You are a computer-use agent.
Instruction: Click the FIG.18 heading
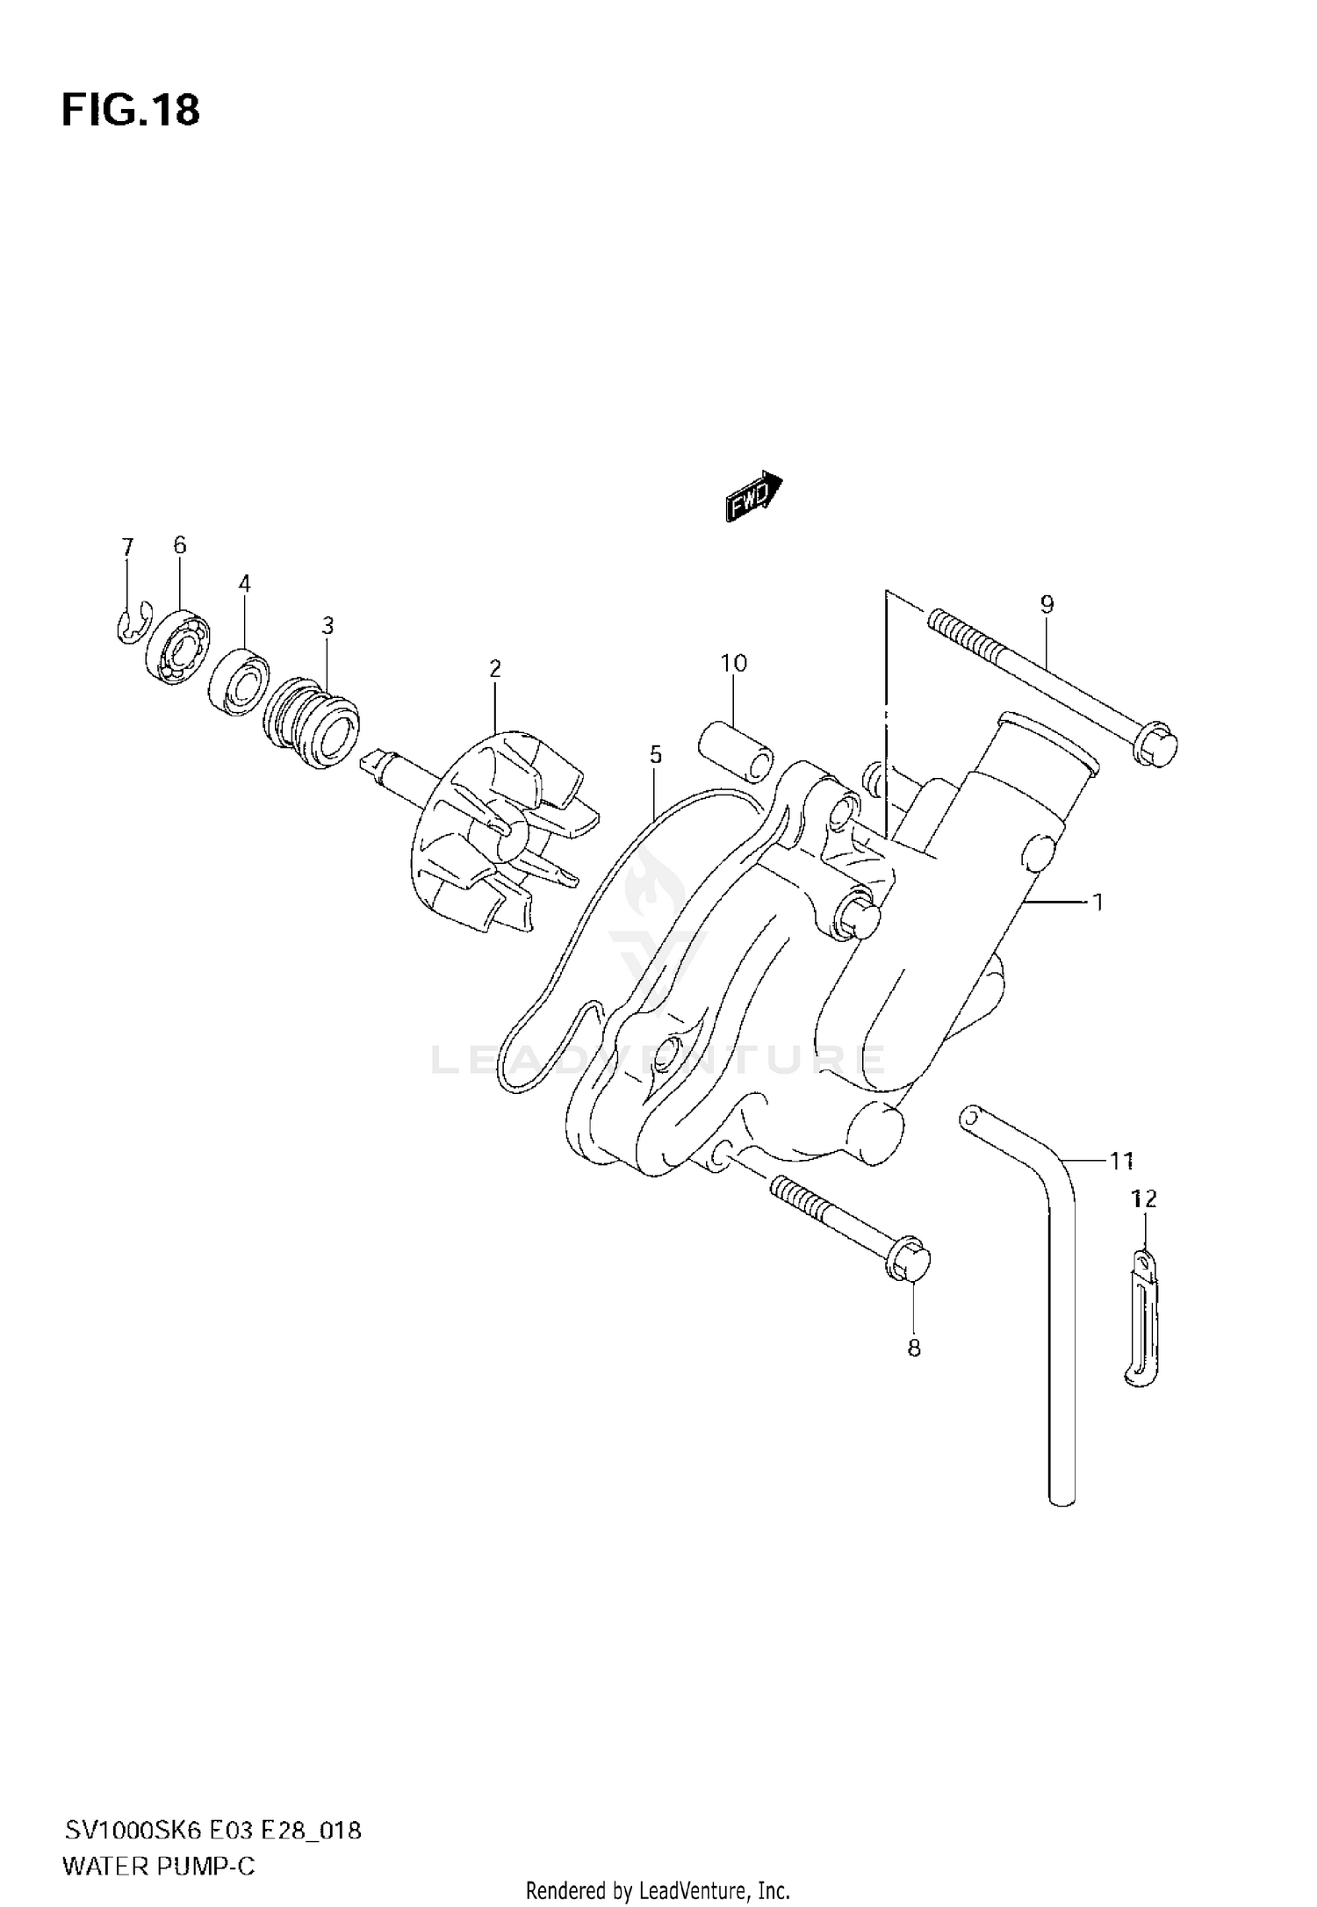(x=131, y=112)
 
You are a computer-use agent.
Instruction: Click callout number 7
(x=127, y=548)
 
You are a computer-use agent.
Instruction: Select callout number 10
(x=734, y=664)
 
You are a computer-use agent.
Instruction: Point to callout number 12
(x=1144, y=1198)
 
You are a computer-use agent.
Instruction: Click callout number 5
(x=655, y=754)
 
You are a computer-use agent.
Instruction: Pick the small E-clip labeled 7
(x=133, y=625)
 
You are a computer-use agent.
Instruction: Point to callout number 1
(x=1097, y=901)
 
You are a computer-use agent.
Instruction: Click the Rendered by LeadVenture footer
(x=658, y=1889)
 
